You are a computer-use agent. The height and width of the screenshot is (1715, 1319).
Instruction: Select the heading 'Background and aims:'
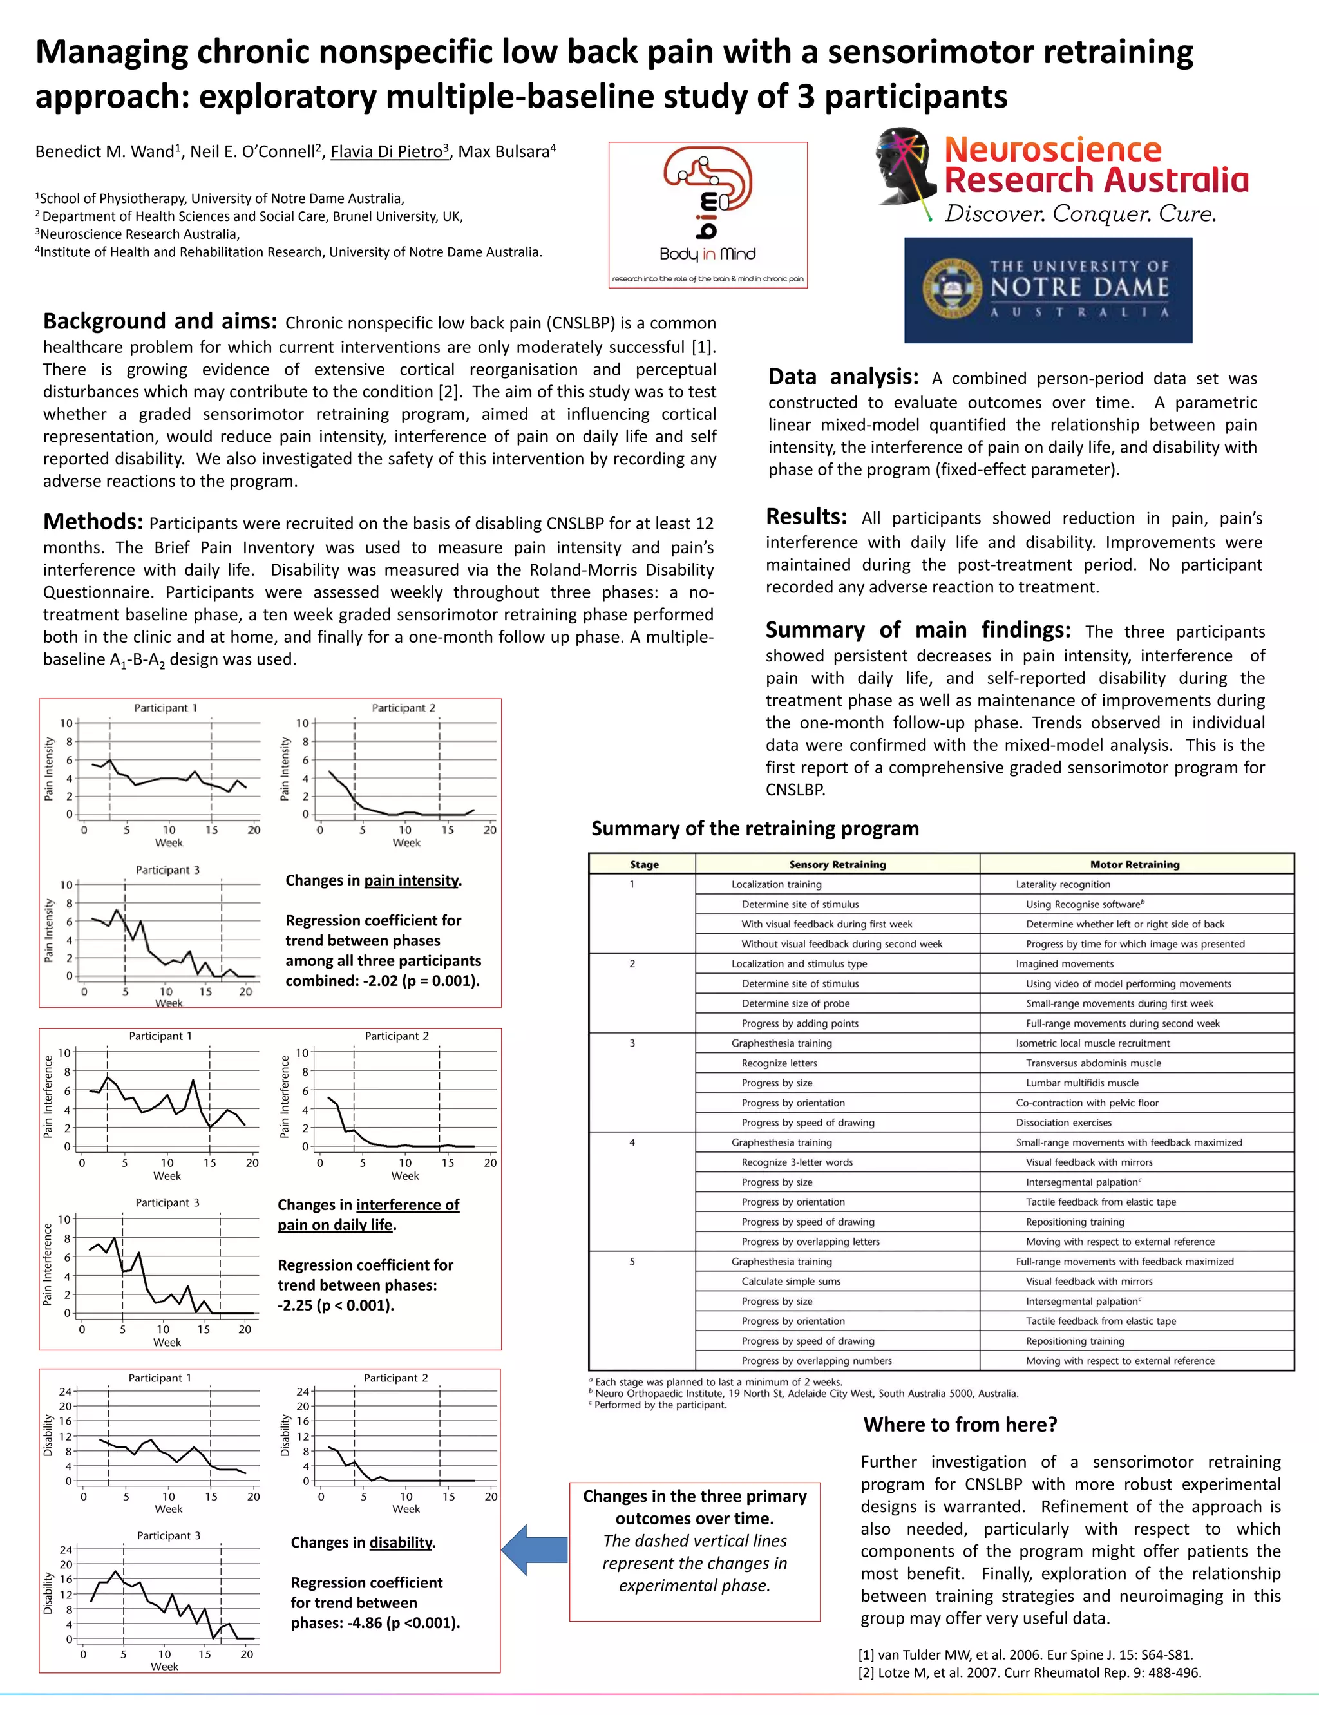point(159,322)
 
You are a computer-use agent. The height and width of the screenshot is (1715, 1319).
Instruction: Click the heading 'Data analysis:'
point(842,377)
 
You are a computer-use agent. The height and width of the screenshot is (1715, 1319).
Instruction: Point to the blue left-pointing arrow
point(534,1549)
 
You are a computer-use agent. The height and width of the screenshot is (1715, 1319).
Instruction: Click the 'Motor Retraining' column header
point(1135,864)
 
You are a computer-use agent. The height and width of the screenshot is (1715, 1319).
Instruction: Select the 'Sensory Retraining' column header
point(837,864)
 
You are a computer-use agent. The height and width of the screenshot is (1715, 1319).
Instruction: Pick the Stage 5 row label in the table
point(631,1262)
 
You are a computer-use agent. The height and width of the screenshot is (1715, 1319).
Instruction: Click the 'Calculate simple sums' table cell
point(791,1281)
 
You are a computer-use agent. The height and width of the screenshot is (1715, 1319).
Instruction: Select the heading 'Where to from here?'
point(960,1425)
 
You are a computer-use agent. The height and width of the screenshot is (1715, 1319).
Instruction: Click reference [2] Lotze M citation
point(1029,1672)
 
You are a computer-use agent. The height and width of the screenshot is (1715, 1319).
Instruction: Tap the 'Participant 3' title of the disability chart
point(168,1535)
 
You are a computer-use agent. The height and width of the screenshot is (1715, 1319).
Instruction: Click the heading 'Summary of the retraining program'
point(755,828)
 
